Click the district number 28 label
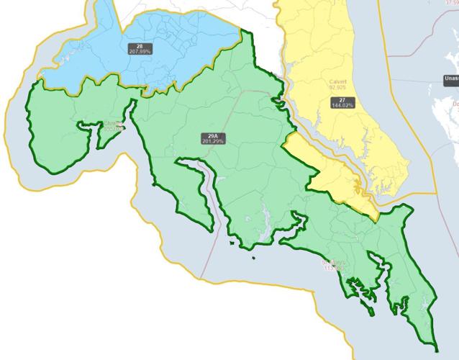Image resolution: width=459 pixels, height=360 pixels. click(x=140, y=46)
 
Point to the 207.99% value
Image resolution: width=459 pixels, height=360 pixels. click(x=140, y=52)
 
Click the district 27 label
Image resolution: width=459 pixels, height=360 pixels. click(x=342, y=99)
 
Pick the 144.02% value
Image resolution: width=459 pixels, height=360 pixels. click(x=342, y=105)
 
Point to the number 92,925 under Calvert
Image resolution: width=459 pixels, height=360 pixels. click(x=338, y=88)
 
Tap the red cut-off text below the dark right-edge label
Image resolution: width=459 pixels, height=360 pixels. click(x=455, y=103)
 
